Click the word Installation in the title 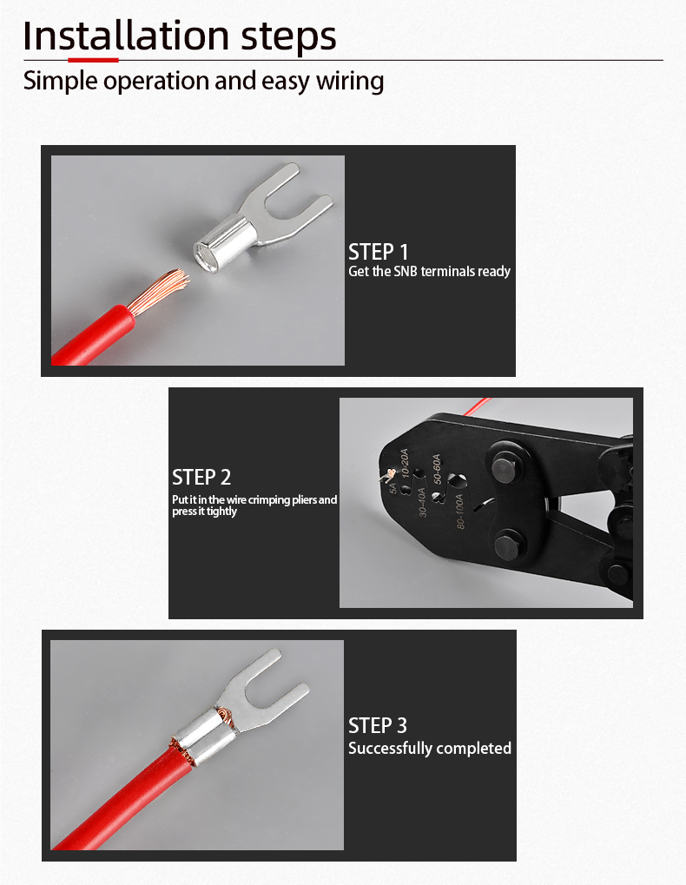[x=125, y=36]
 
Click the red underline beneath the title [x=93, y=59]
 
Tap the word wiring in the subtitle [x=350, y=82]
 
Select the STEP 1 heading [x=378, y=252]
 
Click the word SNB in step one [x=405, y=272]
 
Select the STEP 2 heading [x=201, y=478]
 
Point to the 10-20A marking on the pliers [x=405, y=462]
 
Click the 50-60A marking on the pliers [x=437, y=468]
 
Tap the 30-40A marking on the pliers [x=422, y=502]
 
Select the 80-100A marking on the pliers [x=459, y=511]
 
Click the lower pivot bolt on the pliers [x=509, y=546]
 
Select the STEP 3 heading [x=378, y=726]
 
